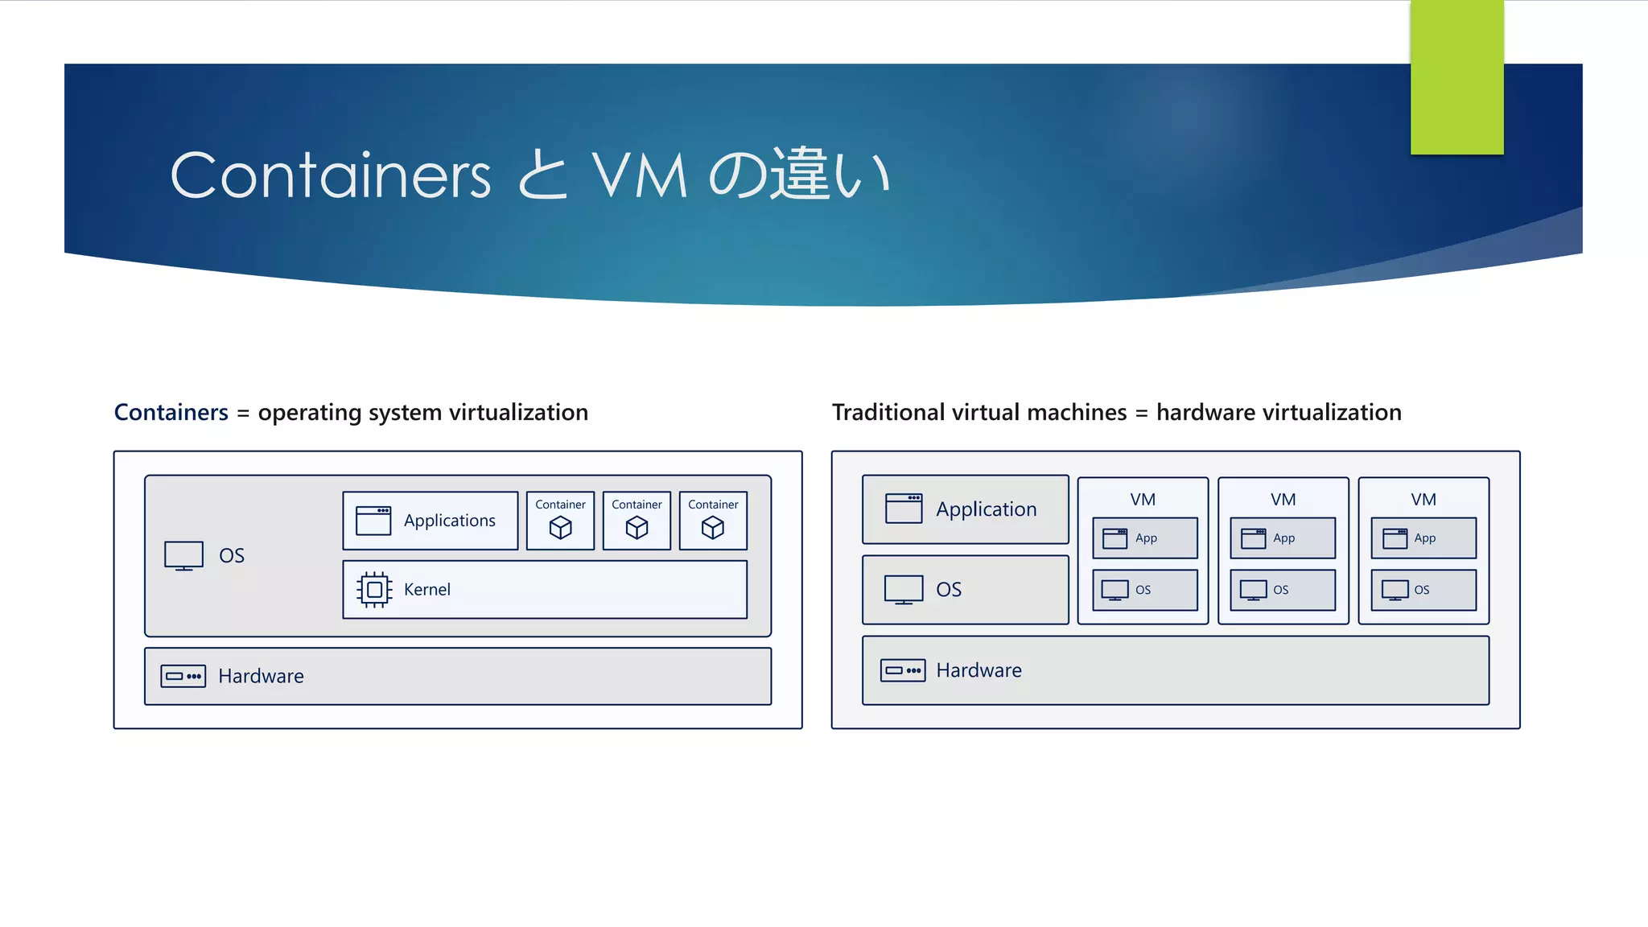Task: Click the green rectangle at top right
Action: click(1456, 76)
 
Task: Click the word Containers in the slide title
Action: click(330, 175)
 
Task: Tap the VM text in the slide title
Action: click(640, 175)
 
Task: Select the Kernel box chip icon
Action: click(374, 590)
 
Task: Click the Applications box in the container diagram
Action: click(431, 521)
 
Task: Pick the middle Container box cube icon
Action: click(637, 528)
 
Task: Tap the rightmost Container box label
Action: click(713, 505)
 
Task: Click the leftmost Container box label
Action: click(560, 505)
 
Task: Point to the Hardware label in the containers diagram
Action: click(261, 676)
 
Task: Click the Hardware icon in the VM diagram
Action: click(903, 670)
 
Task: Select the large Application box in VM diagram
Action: click(965, 509)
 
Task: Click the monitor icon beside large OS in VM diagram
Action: click(904, 589)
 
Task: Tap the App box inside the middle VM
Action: click(1283, 538)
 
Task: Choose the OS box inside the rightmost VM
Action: click(1423, 590)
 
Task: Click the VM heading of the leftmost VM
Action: click(1143, 500)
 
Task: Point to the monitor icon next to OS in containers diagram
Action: click(183, 555)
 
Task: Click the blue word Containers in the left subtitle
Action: click(171, 412)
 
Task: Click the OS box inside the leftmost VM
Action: click(1144, 590)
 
